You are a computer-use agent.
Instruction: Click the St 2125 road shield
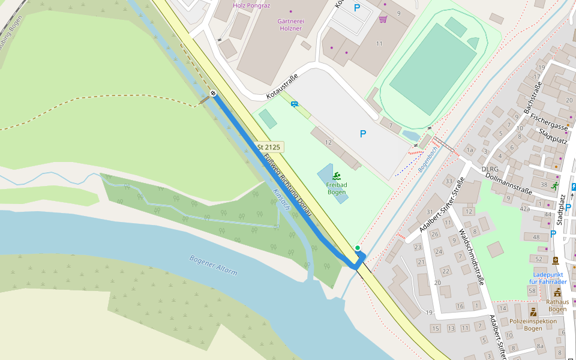point(268,147)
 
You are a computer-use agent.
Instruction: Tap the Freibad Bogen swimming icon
point(337,176)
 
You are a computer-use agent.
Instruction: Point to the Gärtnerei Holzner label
point(290,25)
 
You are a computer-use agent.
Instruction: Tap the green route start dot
point(358,248)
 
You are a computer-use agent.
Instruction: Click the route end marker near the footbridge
point(213,92)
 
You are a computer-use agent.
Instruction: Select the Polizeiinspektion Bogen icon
point(533,311)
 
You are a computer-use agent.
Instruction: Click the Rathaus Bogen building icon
point(557,292)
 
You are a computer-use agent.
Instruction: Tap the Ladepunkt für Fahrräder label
point(548,278)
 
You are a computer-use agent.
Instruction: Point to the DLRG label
point(490,169)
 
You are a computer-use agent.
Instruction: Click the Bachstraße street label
point(532,98)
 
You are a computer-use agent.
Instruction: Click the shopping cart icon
point(383,19)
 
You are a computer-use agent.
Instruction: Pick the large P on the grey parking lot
point(362,134)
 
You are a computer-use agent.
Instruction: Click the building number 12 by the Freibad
point(328,142)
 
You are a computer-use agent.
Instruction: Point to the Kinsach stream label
point(281,200)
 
